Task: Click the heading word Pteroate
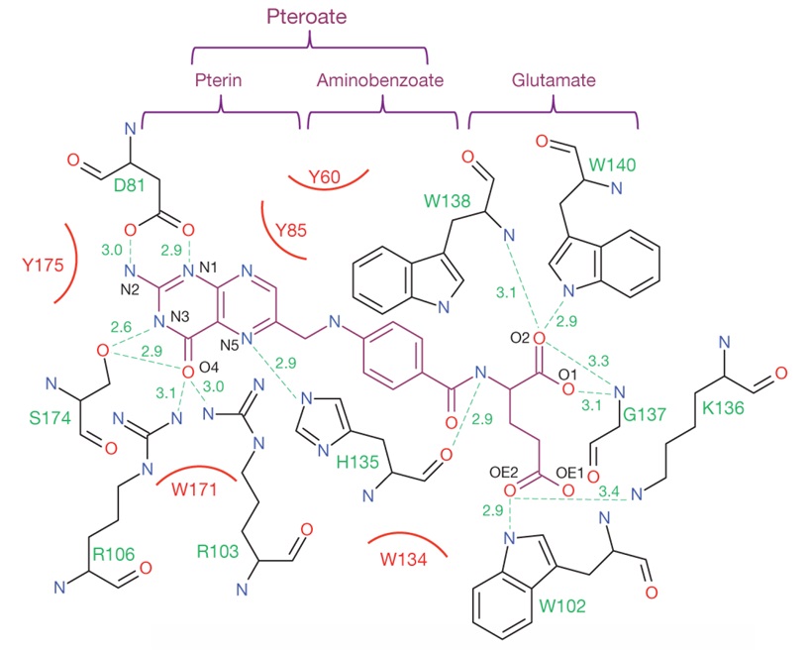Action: click(x=310, y=17)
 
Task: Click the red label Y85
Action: click(x=294, y=231)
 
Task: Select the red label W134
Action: click(x=404, y=558)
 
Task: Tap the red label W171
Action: click(x=200, y=488)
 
